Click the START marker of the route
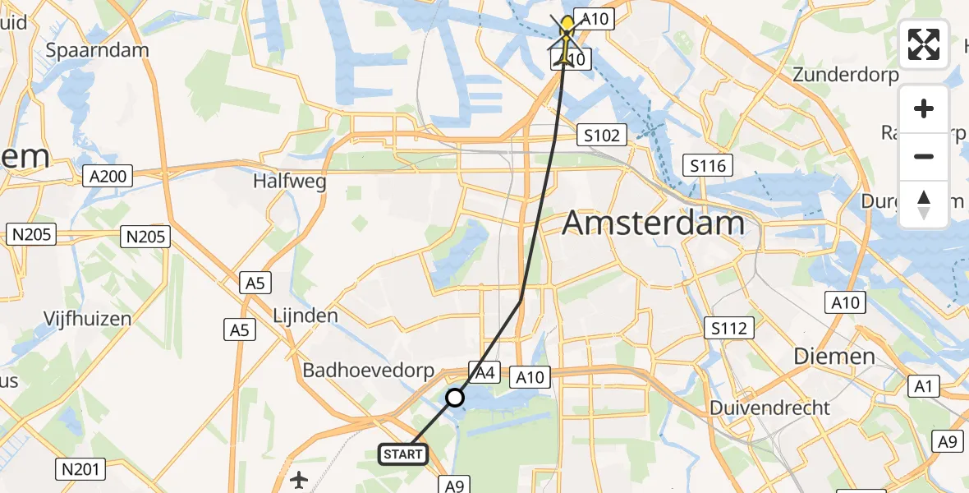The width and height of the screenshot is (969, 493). click(403, 454)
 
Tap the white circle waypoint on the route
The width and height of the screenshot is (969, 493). click(454, 399)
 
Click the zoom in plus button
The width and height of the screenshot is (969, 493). click(924, 109)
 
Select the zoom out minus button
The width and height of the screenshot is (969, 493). click(924, 156)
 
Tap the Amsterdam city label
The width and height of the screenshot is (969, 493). click(654, 223)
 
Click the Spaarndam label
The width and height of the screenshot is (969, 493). click(97, 49)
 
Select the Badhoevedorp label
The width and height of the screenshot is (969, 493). click(368, 371)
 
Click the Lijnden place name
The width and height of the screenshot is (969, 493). click(305, 316)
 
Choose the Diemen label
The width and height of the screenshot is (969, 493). click(834, 356)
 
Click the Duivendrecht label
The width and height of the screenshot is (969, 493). click(769, 408)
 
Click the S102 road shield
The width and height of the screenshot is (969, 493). click(602, 135)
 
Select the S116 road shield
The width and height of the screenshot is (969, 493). click(707, 167)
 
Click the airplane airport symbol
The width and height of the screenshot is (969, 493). click(298, 478)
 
